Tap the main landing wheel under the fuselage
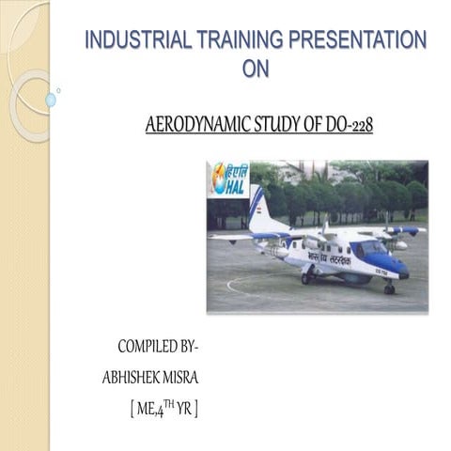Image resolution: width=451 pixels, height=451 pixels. [307, 278]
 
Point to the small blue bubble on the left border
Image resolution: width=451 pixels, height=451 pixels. [51, 100]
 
